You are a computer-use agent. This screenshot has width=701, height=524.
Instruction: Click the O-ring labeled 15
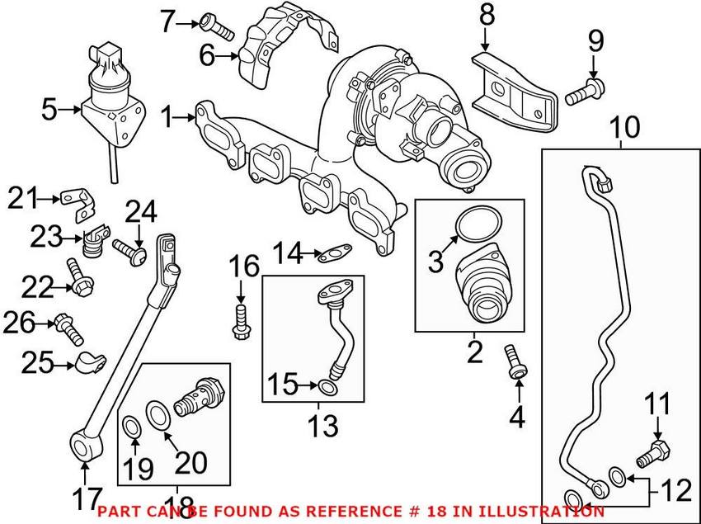tap(327, 388)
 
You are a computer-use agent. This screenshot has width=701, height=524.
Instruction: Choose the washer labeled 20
tap(158, 411)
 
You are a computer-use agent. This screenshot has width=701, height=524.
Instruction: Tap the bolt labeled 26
tap(69, 328)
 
